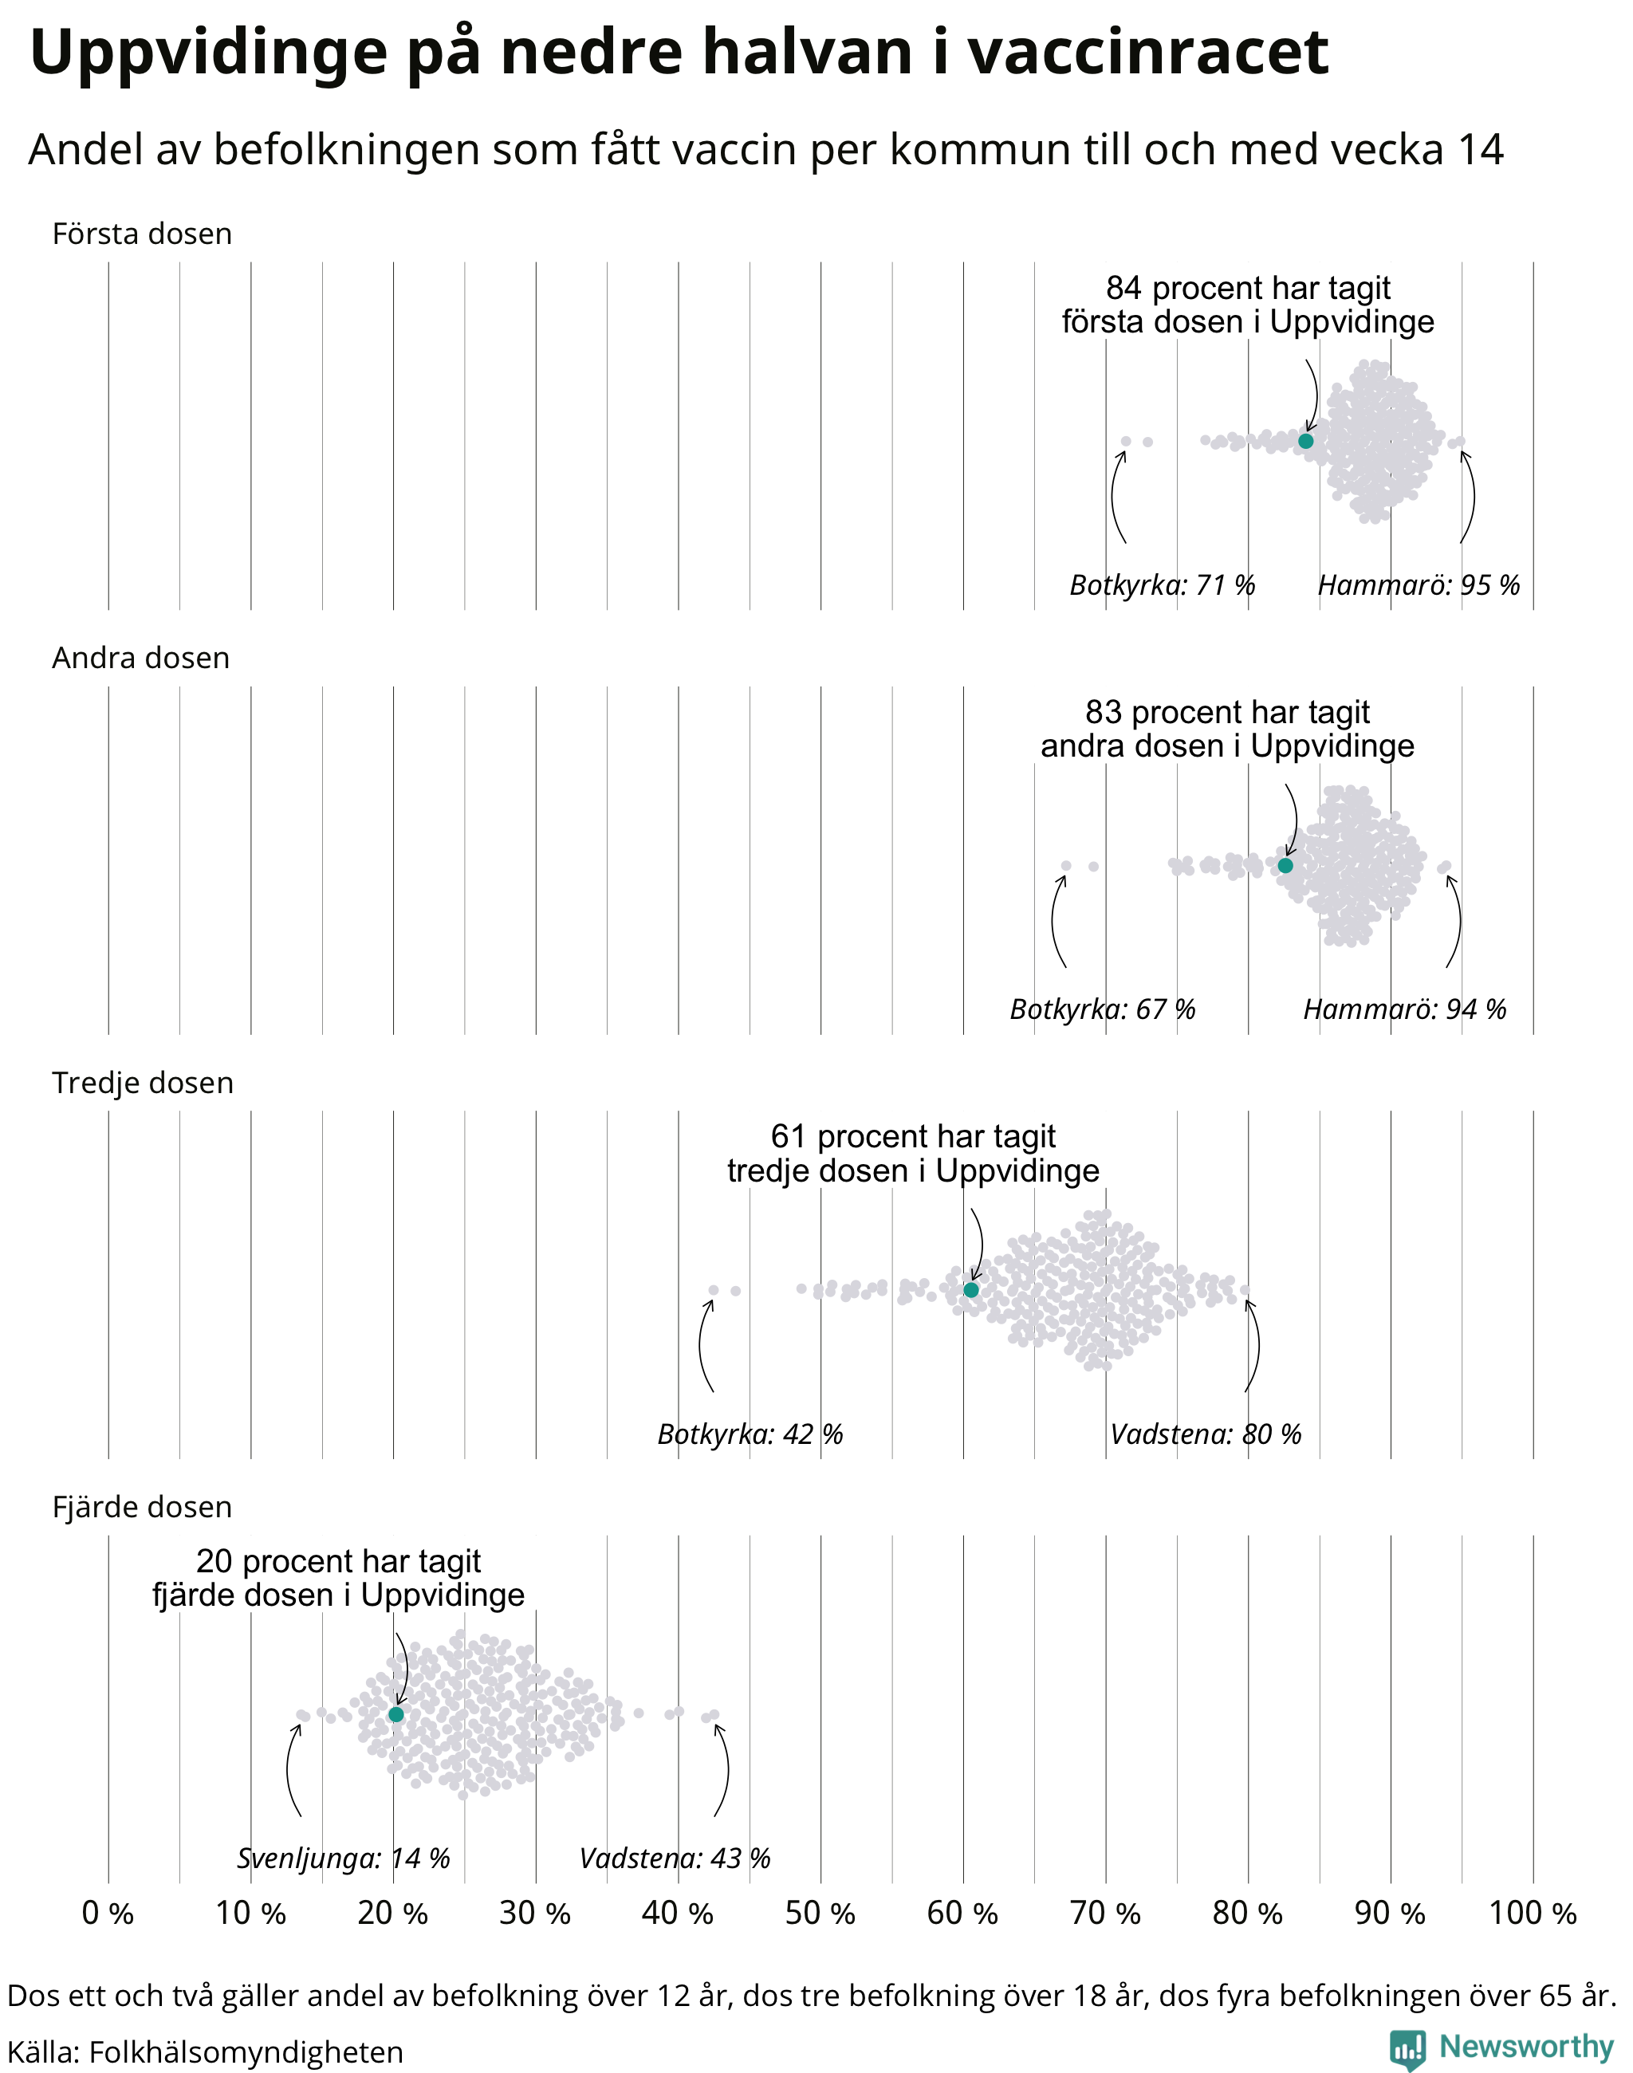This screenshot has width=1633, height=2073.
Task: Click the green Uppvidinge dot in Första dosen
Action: [x=1306, y=441]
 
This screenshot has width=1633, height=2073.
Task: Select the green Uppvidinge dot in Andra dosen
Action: [x=1285, y=865]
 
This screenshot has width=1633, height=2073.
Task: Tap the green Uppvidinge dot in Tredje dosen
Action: [x=971, y=1290]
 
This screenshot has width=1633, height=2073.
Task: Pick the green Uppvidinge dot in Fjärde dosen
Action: [x=395, y=1714]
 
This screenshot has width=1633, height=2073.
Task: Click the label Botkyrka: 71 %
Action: [x=1162, y=585]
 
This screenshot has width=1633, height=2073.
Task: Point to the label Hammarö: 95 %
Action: [x=1419, y=585]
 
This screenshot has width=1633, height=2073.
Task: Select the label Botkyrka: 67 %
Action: [x=1103, y=1009]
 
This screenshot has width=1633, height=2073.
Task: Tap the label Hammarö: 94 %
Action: [x=1404, y=1009]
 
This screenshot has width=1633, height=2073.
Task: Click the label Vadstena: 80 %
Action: [x=1206, y=1434]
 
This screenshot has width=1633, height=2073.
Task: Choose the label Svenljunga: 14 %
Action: [x=343, y=1859]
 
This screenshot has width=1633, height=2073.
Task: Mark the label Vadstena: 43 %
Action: [x=675, y=1859]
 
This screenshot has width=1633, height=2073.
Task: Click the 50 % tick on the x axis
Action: [x=820, y=1914]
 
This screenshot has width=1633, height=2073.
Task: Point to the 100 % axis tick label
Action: [x=1533, y=1914]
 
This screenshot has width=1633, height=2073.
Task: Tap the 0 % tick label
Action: [x=108, y=1914]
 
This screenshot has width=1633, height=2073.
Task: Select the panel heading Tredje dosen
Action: [x=143, y=1083]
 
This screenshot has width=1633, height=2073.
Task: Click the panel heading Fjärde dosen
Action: [x=143, y=1507]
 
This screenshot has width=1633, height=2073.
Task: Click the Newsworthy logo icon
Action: [x=1407, y=2050]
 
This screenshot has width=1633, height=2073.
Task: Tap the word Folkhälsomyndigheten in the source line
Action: [x=246, y=2052]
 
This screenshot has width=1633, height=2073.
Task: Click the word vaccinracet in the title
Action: [x=1148, y=52]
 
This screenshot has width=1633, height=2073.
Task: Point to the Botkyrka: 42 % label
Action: [x=750, y=1434]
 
